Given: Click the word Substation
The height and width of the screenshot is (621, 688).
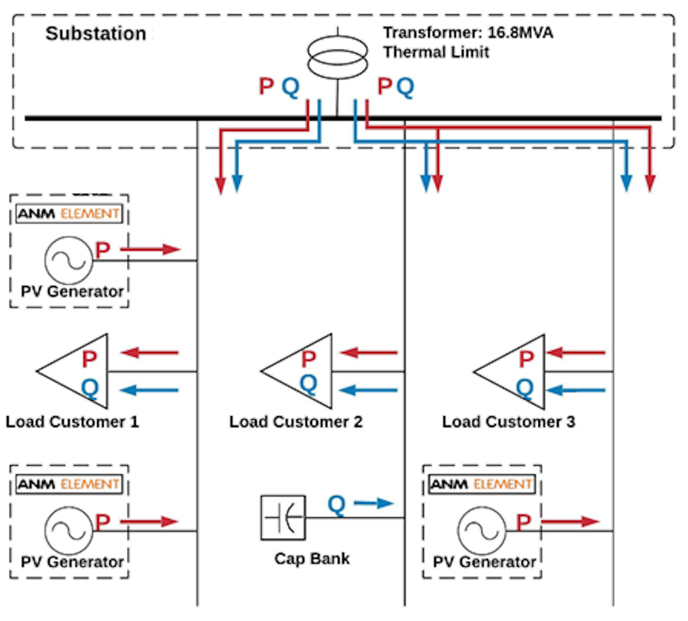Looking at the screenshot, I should tap(96, 33).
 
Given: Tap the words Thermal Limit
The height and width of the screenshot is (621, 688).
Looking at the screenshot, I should tap(436, 52).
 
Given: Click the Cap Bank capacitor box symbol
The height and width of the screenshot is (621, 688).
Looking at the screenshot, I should tap(283, 518).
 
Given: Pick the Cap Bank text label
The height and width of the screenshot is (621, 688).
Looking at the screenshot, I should tap(312, 558).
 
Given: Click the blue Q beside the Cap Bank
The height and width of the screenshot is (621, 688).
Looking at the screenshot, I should tap(336, 505).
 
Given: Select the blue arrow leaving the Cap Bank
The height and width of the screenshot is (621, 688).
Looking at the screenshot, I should tap(373, 503).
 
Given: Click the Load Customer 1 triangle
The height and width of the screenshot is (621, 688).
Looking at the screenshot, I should tap(76, 371).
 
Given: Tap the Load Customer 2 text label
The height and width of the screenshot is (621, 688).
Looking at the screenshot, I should tap(296, 422).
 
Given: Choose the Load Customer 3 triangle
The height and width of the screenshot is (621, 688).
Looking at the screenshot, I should tap(514, 371).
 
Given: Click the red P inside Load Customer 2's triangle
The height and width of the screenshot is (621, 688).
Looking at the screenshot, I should tap(309, 359).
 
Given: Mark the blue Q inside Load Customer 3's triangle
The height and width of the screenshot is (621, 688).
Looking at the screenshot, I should tap(525, 387).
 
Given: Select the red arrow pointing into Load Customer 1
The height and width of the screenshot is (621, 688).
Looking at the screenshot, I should tap(150, 353).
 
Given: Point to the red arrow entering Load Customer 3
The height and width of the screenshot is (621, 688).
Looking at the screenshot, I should tap(576, 353).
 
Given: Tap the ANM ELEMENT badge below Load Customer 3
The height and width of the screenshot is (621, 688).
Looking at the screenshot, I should tap(482, 484).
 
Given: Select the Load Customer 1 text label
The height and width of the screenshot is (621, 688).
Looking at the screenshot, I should tap(72, 422).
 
